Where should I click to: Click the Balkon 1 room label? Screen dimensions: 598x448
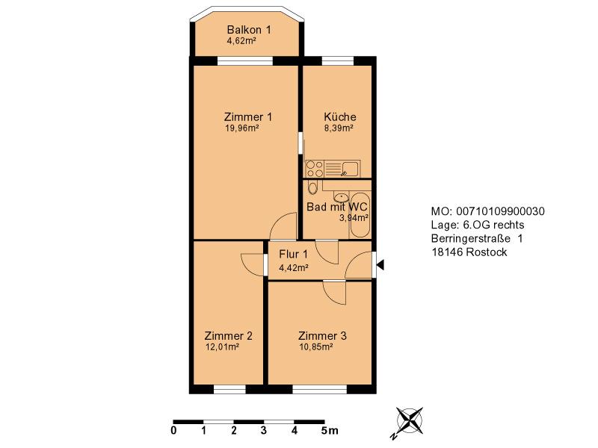point(249,30)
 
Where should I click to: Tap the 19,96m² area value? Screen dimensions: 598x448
point(242,128)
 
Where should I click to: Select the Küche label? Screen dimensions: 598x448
point(340,116)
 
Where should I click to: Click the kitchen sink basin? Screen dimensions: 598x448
point(350,167)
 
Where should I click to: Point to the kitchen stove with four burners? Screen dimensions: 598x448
point(315,169)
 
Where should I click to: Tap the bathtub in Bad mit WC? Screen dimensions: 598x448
point(360,215)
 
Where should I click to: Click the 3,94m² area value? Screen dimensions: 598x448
point(354,218)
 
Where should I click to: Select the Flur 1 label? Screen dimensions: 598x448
point(293,254)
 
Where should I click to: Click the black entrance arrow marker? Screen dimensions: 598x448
point(380,264)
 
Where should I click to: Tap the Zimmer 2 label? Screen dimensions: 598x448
point(228,335)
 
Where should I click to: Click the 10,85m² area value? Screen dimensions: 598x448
point(316,346)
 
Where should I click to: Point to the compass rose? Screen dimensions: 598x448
point(409,421)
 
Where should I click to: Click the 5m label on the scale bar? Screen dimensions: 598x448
point(330,431)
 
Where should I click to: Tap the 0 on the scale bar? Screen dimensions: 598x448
point(174,431)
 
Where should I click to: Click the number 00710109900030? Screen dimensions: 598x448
point(500,211)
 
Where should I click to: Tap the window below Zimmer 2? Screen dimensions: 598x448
point(229,389)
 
